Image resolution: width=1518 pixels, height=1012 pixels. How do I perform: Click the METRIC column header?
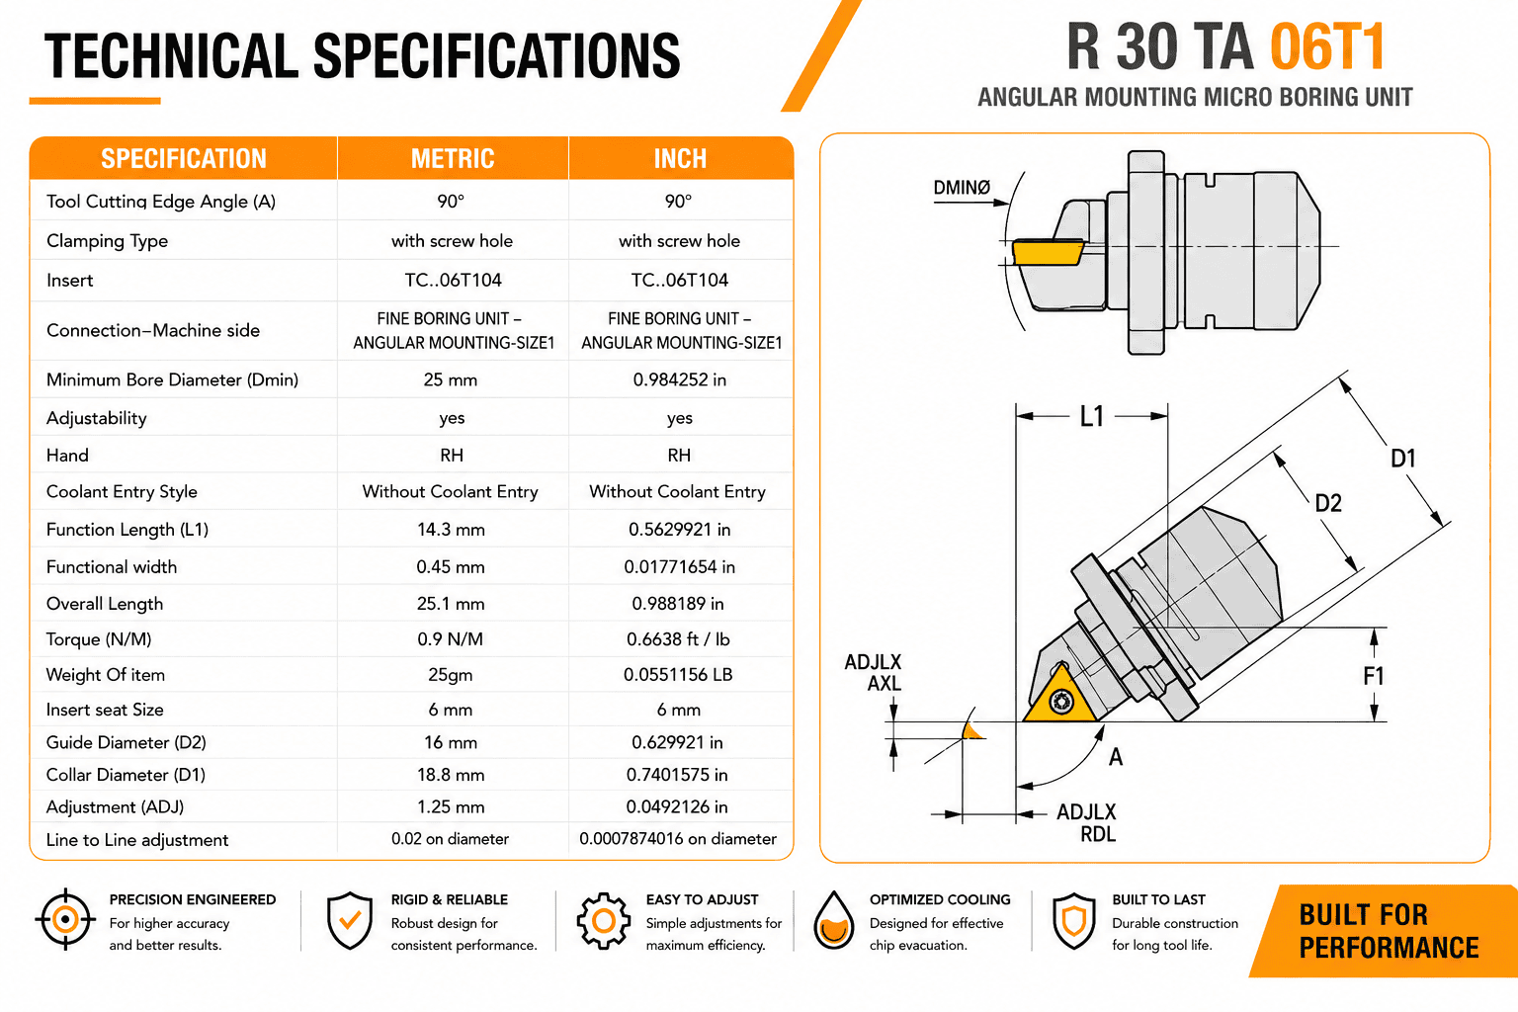(x=453, y=158)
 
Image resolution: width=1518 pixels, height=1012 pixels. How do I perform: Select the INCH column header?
(x=680, y=158)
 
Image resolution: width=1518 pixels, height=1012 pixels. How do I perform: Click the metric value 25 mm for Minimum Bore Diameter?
(x=450, y=379)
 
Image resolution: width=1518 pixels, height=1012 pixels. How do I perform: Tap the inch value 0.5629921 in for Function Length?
(x=679, y=530)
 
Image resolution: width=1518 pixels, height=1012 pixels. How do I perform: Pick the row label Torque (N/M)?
(x=99, y=639)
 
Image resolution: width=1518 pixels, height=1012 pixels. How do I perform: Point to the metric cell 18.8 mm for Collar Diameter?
(x=451, y=775)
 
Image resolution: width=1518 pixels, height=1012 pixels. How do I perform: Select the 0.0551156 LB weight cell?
(x=678, y=674)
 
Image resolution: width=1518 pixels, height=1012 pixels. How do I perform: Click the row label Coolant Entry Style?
(x=122, y=491)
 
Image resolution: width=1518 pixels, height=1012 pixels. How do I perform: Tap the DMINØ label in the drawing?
(x=962, y=187)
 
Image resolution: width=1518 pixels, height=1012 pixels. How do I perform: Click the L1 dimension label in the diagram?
(x=1092, y=416)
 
